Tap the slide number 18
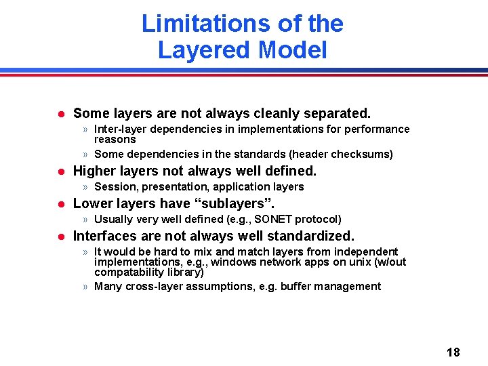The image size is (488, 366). pos(453,352)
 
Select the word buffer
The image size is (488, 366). pos(296,286)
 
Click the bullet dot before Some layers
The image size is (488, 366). pos(60,113)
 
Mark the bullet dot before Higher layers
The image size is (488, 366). pos(60,171)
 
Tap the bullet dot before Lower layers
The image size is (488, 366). pos(60,203)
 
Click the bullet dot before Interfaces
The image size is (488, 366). pos(60,237)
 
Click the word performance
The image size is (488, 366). pos(376,129)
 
